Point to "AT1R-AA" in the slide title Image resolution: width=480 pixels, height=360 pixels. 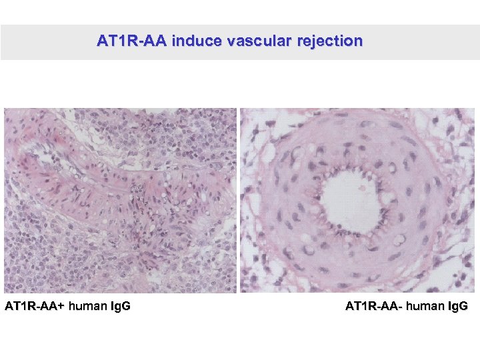pos(131,41)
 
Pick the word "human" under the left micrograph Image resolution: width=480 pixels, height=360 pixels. pos(87,307)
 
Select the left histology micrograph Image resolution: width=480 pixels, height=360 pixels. pos(120,200)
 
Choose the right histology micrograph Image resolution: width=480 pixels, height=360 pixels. pos(357,200)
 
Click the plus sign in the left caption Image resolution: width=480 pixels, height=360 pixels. pos(61,307)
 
